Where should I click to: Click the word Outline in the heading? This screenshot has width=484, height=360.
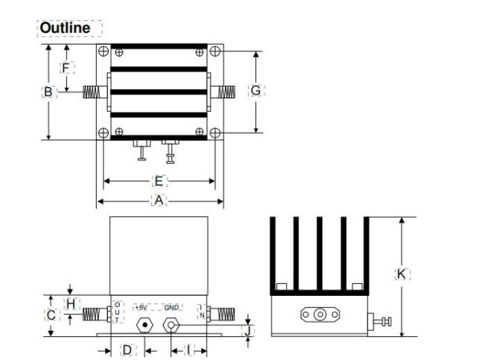pyautogui.click(x=65, y=28)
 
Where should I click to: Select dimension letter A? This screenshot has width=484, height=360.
pyautogui.click(x=158, y=200)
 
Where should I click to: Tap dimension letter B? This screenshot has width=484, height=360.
pyautogui.click(x=47, y=92)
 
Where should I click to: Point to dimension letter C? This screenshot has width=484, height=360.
pyautogui.click(x=51, y=315)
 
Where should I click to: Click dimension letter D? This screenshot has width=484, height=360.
pyautogui.click(x=127, y=349)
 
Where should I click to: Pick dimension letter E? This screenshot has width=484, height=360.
pyautogui.click(x=158, y=180)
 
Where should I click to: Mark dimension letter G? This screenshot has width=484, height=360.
pyautogui.click(x=255, y=90)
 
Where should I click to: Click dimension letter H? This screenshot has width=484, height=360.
pyautogui.click(x=71, y=303)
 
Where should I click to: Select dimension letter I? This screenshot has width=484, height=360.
pyautogui.click(x=188, y=349)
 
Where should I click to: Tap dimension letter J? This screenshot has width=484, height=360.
pyautogui.click(x=250, y=329)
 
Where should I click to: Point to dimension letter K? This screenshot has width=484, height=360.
pyautogui.click(x=401, y=274)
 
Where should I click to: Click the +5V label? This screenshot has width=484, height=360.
pyautogui.click(x=141, y=307)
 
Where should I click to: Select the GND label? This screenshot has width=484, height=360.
pyautogui.click(x=172, y=307)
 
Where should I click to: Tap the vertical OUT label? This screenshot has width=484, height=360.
pyautogui.click(x=116, y=312)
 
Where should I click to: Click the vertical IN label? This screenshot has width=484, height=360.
pyautogui.click(x=200, y=312)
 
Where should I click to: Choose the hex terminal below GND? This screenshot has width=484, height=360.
pyautogui.click(x=172, y=325)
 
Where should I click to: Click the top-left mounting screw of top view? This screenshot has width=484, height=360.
pyautogui.click(x=101, y=51)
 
